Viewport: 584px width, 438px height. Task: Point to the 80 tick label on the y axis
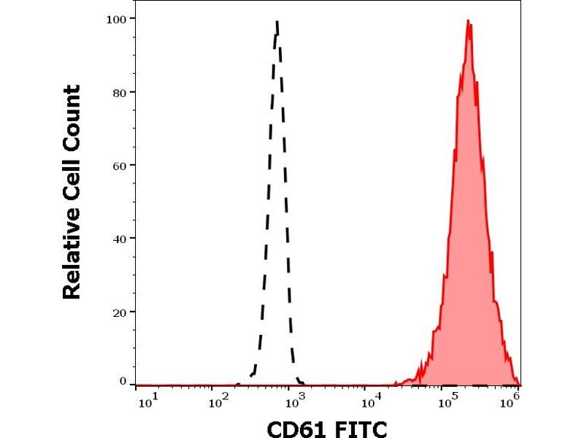click(x=119, y=92)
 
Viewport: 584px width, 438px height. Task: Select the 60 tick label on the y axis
click(x=119, y=165)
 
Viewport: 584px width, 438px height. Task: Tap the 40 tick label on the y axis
click(x=119, y=238)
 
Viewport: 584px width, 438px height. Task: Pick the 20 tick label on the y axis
click(x=119, y=312)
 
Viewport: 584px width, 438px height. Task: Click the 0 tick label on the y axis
click(x=122, y=381)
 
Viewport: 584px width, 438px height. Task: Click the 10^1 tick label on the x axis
click(x=145, y=401)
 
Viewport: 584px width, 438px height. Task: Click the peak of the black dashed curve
click(x=277, y=22)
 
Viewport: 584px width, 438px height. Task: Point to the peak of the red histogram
click(x=468, y=21)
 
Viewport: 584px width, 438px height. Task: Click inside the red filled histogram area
click(x=467, y=255)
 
